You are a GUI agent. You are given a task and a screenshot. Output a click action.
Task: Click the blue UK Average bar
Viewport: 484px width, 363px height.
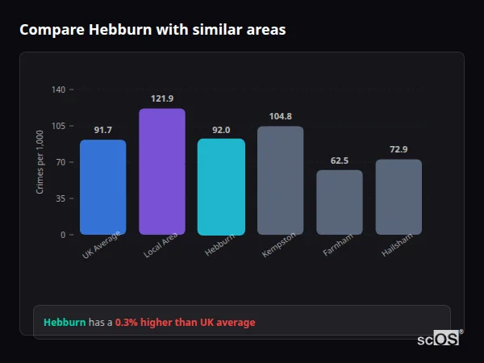[x=102, y=187]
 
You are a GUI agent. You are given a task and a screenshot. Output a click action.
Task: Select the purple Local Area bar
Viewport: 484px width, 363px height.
[x=162, y=172]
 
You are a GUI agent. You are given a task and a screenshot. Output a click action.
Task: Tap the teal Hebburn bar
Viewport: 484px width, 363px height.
[x=221, y=187]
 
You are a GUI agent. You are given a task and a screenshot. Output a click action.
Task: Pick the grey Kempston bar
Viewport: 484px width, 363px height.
[x=280, y=181]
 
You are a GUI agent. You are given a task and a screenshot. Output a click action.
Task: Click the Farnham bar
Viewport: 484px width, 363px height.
[x=340, y=202]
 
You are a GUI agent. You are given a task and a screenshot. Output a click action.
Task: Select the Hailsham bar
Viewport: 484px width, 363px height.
[x=398, y=197]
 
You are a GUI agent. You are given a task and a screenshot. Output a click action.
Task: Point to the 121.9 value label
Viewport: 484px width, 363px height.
[x=162, y=98]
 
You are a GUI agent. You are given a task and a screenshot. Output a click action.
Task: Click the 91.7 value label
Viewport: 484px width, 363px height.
[x=102, y=130]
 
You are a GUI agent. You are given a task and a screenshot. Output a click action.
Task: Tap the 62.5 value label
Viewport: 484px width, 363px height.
[x=340, y=161]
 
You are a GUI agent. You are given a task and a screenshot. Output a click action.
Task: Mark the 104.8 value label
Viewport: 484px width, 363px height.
[x=280, y=116]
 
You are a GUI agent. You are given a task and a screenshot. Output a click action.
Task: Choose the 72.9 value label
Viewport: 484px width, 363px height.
[x=398, y=149]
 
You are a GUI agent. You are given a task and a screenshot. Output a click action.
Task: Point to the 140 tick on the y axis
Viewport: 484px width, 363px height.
[x=58, y=90]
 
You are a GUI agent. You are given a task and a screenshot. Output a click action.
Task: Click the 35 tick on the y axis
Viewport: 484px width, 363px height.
[x=60, y=198]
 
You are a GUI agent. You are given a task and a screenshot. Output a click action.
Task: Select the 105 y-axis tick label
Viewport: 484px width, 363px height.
[x=58, y=126]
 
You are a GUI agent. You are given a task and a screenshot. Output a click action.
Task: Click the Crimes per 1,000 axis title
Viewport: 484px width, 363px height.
[x=40, y=161]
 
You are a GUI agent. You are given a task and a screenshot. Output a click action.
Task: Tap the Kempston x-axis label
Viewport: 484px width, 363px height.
[x=279, y=244]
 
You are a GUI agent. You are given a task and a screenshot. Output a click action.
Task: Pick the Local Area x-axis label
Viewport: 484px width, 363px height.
[x=161, y=246]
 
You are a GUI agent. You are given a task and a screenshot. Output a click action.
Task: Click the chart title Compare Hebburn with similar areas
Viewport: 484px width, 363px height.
[x=152, y=30]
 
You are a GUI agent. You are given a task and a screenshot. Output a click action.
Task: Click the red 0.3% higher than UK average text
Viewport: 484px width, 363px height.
[x=185, y=322]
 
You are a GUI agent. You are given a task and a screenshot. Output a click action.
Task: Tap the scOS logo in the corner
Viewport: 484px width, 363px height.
[x=439, y=339]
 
